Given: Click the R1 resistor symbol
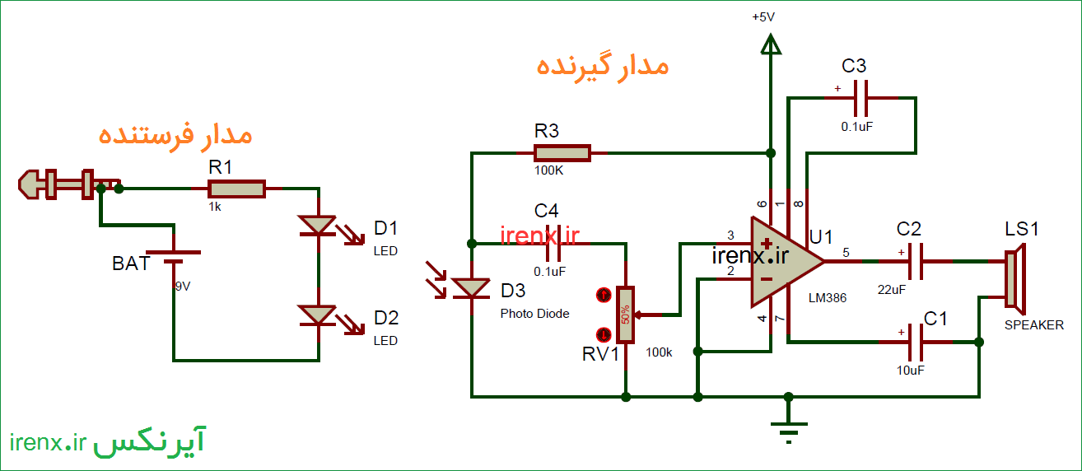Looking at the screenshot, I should [236, 189].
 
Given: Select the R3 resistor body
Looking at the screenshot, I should [562, 152].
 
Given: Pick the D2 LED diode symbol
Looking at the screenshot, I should [318, 315].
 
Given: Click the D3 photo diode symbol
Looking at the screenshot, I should [471, 287].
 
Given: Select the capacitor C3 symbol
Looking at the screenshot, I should [860, 98].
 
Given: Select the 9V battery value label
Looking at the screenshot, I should [182, 287].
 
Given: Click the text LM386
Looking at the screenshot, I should [828, 297].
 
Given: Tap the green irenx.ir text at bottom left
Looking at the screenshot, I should [49, 444].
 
